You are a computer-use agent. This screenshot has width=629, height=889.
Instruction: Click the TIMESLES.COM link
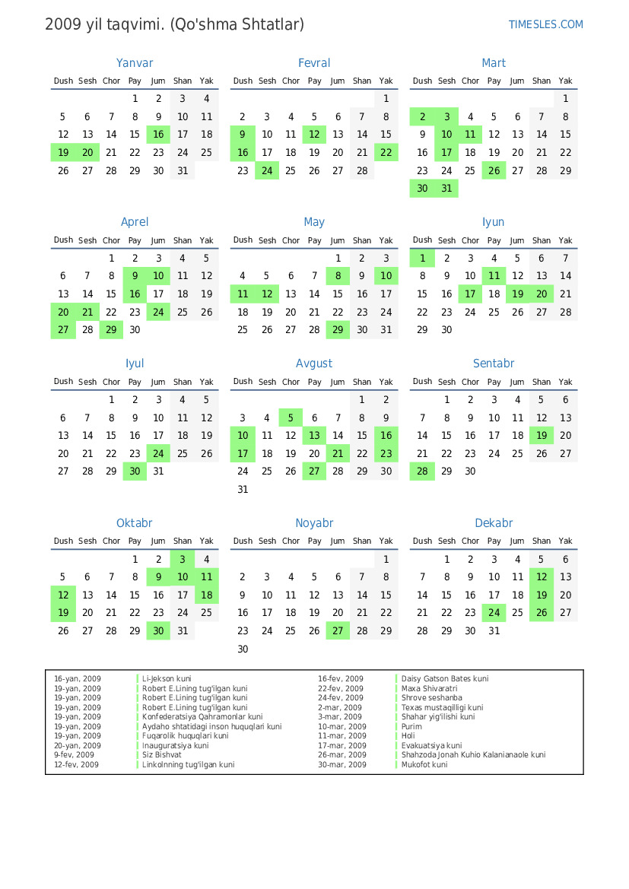coord(545,24)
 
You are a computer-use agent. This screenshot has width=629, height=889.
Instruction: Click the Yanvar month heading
coord(135,63)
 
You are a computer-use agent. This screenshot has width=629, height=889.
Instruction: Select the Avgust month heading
coord(314,364)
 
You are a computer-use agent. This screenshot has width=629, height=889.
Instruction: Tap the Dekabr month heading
coord(494,523)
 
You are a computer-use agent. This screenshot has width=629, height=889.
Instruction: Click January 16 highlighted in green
coord(158,135)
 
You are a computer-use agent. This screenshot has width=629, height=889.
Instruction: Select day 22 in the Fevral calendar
coord(386,153)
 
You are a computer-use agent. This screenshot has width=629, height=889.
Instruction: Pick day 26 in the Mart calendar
coord(494,171)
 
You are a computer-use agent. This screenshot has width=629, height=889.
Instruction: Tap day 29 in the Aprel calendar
coord(111,330)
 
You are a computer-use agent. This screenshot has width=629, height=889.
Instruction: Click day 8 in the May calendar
coord(338,276)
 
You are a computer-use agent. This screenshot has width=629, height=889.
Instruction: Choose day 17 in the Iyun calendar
coord(470,294)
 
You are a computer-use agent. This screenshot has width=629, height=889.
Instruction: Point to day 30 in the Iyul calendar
coord(135,471)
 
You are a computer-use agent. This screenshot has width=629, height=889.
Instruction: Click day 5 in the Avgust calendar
coord(291,418)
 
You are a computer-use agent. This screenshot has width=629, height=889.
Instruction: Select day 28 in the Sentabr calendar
coord(422,471)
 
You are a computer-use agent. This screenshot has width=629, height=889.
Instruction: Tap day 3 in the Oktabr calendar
coord(183,559)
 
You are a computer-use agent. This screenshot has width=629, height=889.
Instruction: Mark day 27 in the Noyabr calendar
coord(338,631)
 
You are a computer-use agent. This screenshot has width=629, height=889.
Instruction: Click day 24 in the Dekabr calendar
coord(494,613)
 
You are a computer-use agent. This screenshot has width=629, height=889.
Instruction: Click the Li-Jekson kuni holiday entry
coord(167,679)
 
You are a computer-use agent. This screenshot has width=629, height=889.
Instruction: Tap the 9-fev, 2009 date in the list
coord(74,755)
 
